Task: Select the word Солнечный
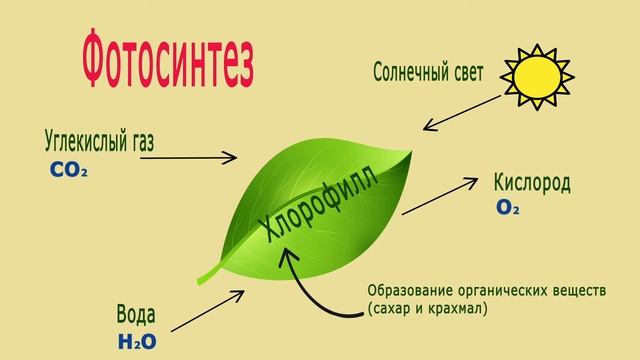tap(412, 73)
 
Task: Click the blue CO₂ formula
tap(69, 170)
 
